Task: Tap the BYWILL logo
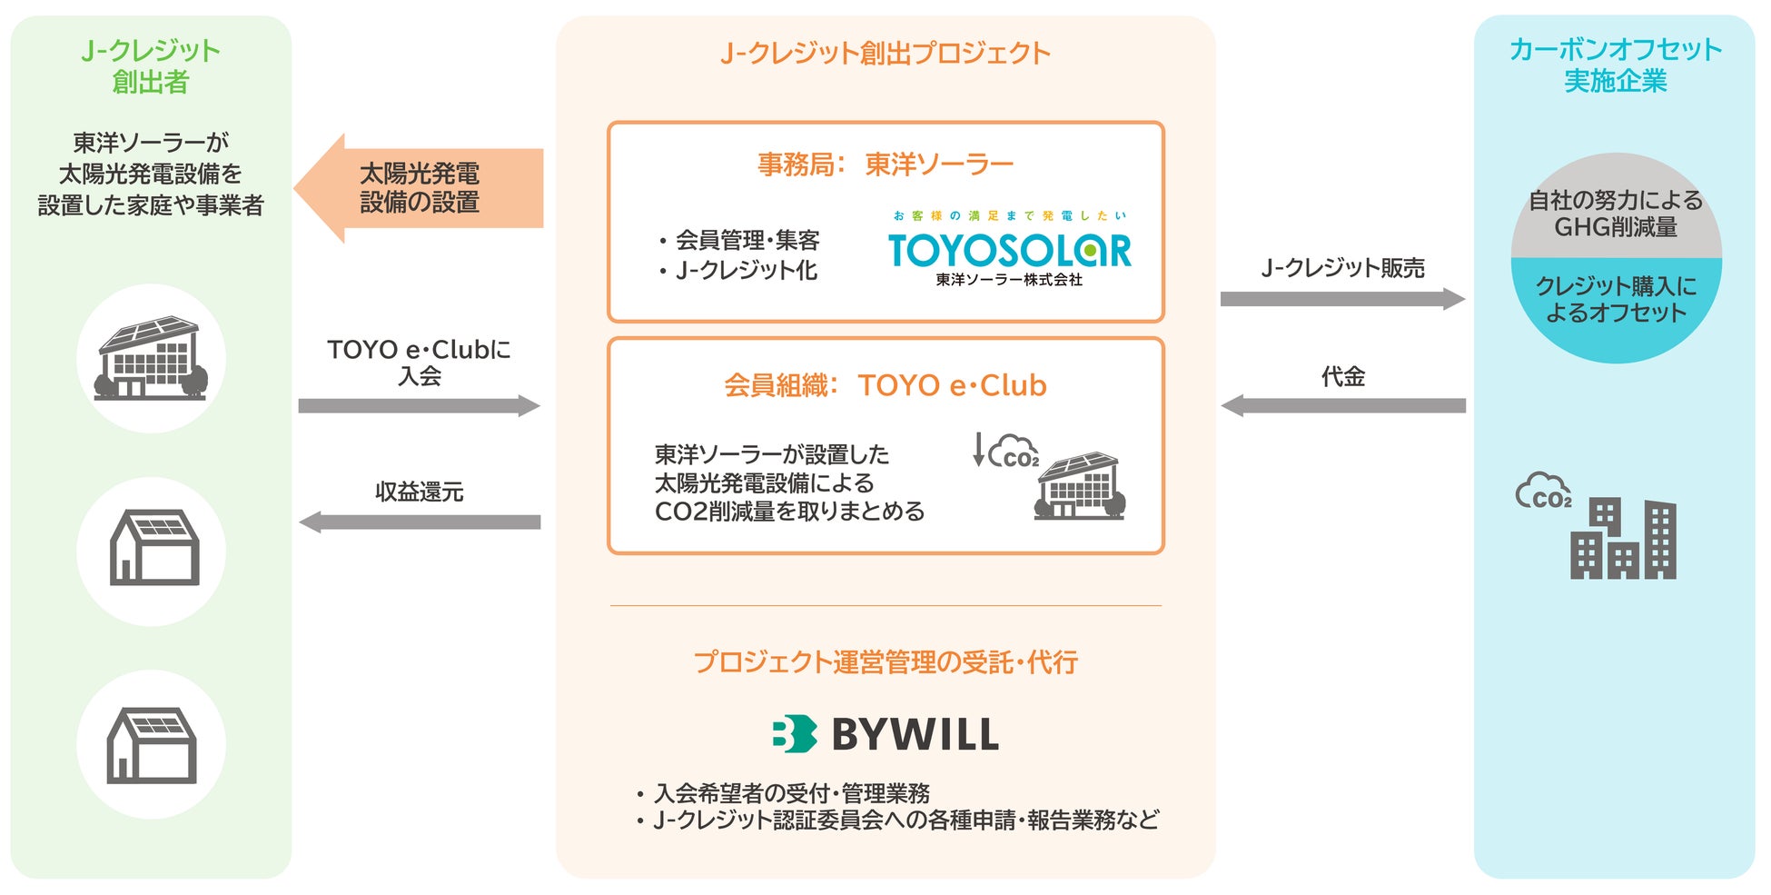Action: [x=885, y=734]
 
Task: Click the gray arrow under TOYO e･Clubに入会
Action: [x=419, y=405]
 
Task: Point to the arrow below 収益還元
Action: [x=419, y=522]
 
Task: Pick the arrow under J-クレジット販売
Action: [x=1341, y=299]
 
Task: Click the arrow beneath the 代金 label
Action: [x=1342, y=405]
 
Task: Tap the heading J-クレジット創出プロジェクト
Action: [x=885, y=53]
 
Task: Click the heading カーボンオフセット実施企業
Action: [x=1615, y=65]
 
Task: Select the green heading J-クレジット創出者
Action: [x=151, y=65]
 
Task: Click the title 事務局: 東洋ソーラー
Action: [x=885, y=164]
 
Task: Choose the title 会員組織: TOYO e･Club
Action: [x=885, y=385]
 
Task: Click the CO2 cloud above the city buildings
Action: [x=1542, y=492]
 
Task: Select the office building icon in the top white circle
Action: [x=151, y=358]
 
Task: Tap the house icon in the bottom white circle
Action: [x=151, y=745]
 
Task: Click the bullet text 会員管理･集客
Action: [x=747, y=240]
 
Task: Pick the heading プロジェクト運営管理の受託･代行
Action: [x=885, y=662]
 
